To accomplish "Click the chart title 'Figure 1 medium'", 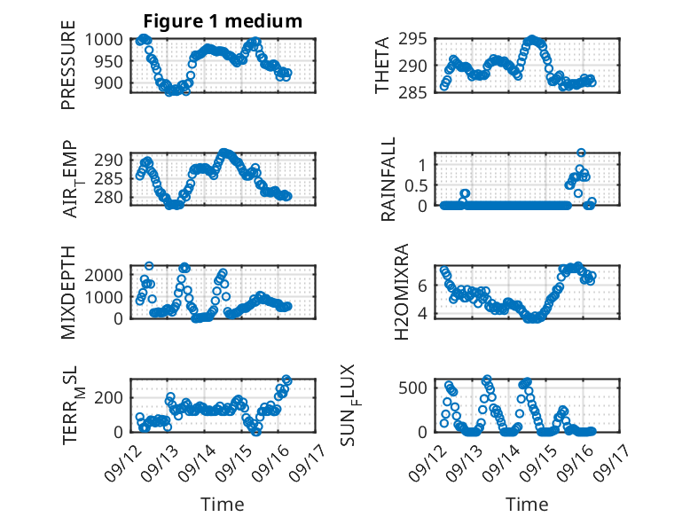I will click(223, 20).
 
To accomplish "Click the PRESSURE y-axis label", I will click(68, 72).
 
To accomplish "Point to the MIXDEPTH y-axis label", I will click(68, 292).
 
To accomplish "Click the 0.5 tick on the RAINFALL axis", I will click(417, 185).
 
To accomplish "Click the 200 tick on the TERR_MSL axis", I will click(112, 396).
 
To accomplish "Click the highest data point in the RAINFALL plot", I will click(581, 153).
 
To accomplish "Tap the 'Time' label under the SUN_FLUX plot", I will click(527, 505).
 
